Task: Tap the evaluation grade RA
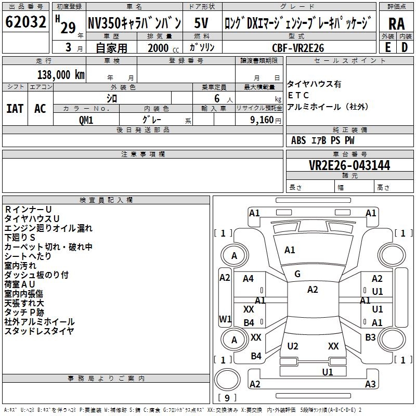point(396,24)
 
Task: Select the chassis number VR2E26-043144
point(349,166)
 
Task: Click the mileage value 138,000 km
point(61,74)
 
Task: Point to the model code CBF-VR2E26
point(298,48)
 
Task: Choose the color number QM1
point(86,120)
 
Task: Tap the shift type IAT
point(15,109)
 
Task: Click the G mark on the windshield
point(297,274)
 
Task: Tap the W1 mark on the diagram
point(225,318)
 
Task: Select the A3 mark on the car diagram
point(370,384)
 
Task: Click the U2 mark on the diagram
point(293,346)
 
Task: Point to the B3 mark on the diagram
point(370,337)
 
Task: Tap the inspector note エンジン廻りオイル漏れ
point(48,228)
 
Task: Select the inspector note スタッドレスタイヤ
point(39,331)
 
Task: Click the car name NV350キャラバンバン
point(134,23)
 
